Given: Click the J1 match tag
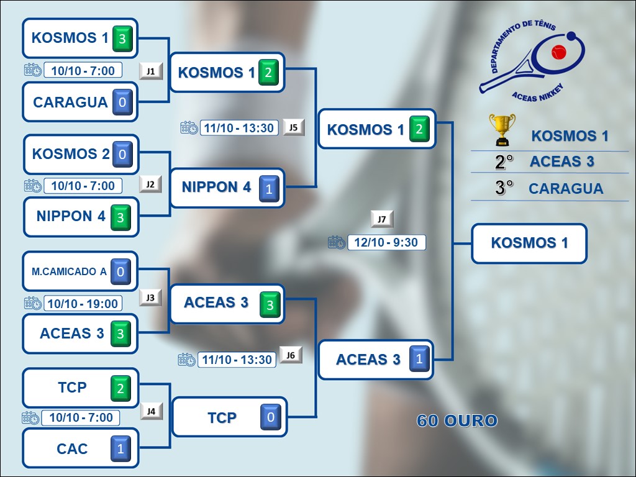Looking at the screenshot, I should (x=151, y=71).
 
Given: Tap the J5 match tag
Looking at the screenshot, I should (x=294, y=127).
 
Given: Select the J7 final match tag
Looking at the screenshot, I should (x=382, y=219).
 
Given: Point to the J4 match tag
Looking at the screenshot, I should (x=151, y=411).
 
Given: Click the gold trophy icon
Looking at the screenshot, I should (x=501, y=129).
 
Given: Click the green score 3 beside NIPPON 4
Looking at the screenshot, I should (x=120, y=217).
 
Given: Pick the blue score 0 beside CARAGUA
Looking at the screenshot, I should (x=122, y=102).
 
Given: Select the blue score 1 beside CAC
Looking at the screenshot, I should (x=120, y=448).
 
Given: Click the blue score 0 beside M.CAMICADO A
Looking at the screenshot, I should (x=120, y=271).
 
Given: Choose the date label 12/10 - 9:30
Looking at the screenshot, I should (x=386, y=242).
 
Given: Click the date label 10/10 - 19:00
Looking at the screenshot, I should (x=83, y=303).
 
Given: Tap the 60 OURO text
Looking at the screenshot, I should (x=457, y=421).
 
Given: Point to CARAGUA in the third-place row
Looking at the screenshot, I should (x=565, y=189).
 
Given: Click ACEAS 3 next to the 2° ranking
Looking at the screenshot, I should (x=561, y=162).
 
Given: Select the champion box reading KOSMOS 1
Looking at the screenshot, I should (x=529, y=243).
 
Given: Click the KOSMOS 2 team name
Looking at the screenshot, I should (x=70, y=153).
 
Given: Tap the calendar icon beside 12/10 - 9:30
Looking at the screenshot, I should (x=337, y=242).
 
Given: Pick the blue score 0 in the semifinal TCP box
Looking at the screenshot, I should (x=270, y=417).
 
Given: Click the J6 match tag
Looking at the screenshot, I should (x=291, y=355).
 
